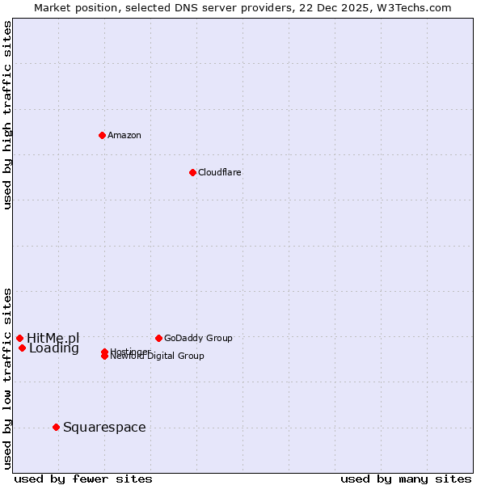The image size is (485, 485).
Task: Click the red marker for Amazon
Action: pos(102,135)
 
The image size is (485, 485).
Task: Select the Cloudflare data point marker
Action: pos(192,172)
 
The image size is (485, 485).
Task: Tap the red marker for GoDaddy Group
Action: pos(158,338)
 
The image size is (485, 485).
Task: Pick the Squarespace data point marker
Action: pos(56,427)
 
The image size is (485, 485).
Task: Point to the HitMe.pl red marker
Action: pos(19,338)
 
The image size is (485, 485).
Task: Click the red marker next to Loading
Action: pos(22,348)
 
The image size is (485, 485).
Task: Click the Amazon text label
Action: pos(124,135)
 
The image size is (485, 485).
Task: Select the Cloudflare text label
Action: pos(219,172)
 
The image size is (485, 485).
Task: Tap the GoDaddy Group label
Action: pos(198,338)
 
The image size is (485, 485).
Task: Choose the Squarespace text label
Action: pos(104,427)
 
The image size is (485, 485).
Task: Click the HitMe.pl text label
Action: pos(53,338)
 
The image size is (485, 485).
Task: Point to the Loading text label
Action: pos(54,348)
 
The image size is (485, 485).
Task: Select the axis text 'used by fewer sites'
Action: pos(83,479)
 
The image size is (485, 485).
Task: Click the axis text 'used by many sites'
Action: pos(406,479)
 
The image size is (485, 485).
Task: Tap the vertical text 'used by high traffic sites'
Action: pos(7,115)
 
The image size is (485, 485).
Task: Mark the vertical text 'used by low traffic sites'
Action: pos(7,378)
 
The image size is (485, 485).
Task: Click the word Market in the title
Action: pos(51,7)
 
